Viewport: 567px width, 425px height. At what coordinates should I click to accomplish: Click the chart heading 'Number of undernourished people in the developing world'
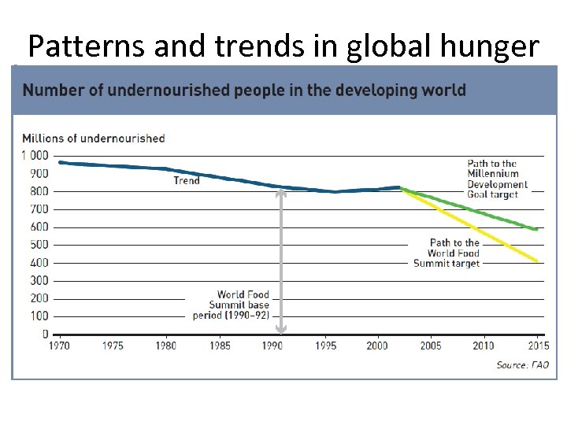pos(244,90)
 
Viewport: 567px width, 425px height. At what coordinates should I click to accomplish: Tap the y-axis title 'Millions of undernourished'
pos(94,139)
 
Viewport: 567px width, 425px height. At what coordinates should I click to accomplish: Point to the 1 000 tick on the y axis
pos(35,156)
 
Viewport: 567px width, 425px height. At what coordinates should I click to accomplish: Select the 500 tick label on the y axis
pos(39,245)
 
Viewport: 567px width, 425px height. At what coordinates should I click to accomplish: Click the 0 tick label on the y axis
pos(45,334)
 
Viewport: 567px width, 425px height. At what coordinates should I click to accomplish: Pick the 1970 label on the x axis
pos(60,346)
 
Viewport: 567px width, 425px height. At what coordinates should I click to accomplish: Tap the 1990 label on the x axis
pos(272,346)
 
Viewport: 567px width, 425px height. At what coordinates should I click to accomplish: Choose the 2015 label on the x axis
pos(538,346)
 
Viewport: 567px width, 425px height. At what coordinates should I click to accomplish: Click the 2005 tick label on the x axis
pos(432,346)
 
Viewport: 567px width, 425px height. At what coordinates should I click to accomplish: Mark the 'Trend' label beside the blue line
pos(187,181)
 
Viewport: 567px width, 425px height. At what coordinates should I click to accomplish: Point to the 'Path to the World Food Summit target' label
pos(447,253)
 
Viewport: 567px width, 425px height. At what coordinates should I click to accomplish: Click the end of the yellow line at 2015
pos(538,261)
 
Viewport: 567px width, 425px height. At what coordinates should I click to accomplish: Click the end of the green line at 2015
pos(538,230)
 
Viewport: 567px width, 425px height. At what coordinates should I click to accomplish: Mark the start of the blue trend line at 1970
pos(61,162)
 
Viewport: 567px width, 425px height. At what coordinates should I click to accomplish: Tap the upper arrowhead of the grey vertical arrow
pos(281,191)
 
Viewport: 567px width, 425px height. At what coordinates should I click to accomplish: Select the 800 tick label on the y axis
pos(39,191)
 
